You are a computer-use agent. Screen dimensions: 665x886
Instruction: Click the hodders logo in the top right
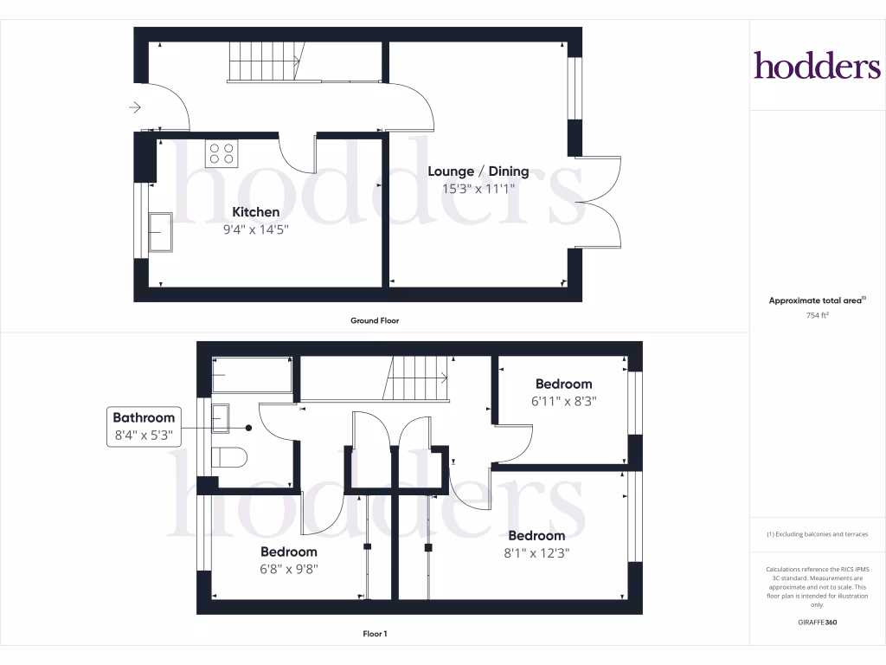tap(817, 65)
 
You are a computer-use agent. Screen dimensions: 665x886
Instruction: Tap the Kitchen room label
tap(256, 212)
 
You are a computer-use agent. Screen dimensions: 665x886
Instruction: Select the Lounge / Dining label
tap(478, 171)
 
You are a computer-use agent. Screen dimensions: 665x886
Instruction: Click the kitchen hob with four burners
tap(221, 153)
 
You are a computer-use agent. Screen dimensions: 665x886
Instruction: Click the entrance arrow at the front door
tap(134, 107)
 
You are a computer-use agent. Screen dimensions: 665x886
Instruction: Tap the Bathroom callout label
tap(144, 417)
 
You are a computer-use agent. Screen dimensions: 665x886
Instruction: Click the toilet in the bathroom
tap(229, 456)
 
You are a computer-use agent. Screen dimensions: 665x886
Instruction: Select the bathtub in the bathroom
tap(252, 375)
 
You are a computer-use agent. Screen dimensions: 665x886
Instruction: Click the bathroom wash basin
tap(221, 417)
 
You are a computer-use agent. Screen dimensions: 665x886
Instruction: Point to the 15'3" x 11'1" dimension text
tap(478, 188)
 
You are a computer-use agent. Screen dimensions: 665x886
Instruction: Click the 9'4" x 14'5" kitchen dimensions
tap(256, 229)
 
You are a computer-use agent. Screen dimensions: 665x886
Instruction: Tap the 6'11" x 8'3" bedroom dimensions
tap(563, 401)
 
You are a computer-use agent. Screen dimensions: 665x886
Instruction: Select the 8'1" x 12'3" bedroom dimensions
tap(536, 552)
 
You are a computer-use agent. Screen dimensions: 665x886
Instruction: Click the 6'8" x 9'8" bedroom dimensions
tap(289, 569)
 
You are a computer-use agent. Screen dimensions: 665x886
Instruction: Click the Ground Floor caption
tap(374, 320)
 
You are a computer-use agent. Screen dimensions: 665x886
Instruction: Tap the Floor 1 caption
tap(375, 634)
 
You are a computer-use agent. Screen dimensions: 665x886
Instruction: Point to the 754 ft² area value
tap(818, 315)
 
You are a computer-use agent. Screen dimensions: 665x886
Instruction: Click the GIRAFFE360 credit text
tap(818, 622)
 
